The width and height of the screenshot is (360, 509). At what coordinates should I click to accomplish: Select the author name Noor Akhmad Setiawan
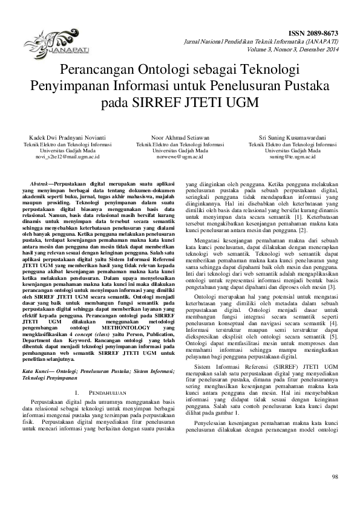pos(180,138)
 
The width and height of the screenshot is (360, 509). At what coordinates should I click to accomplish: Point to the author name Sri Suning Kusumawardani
pos(293,138)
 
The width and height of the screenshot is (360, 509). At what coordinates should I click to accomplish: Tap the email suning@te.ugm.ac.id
pos(293,157)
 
